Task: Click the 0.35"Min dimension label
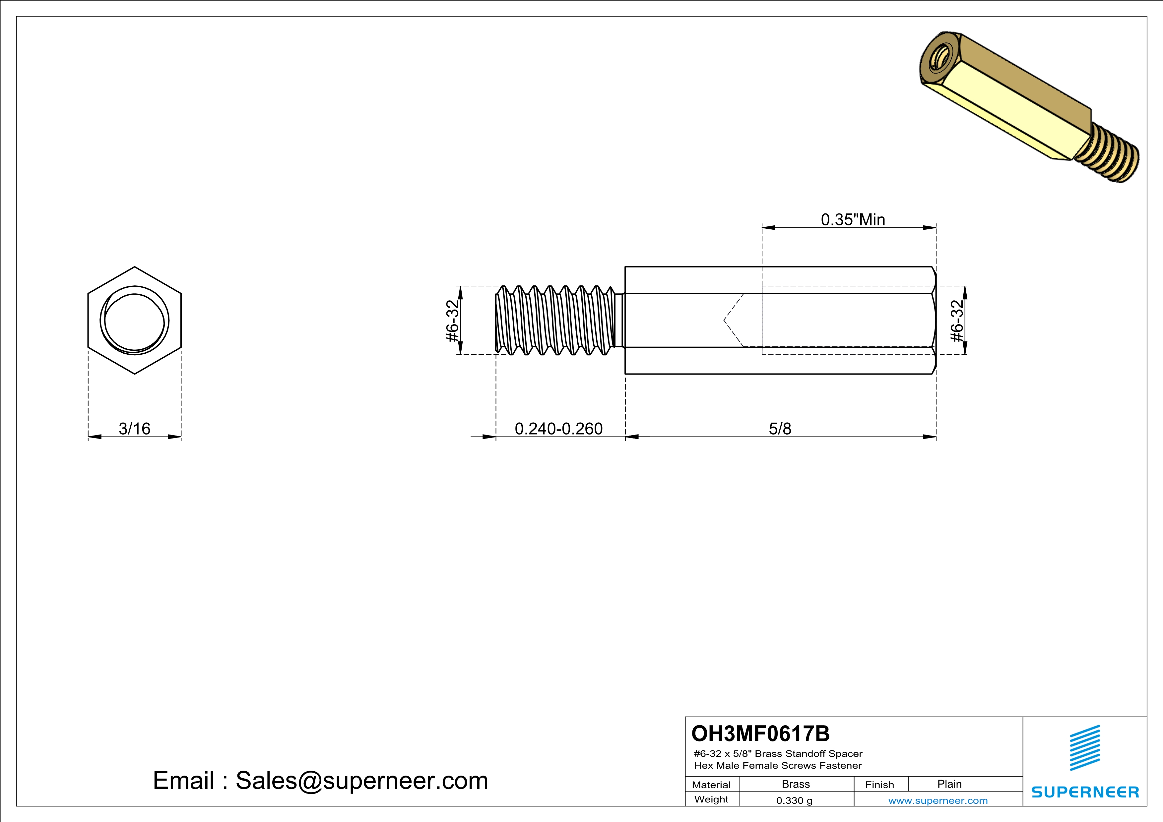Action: pos(853,220)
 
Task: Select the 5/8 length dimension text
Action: pos(780,429)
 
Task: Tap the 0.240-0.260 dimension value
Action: pos(559,429)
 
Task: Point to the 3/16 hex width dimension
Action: pos(134,429)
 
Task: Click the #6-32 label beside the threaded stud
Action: pos(452,321)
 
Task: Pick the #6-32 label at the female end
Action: pos(956,321)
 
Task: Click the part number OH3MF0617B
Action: pos(760,734)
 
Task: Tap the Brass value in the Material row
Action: pos(796,784)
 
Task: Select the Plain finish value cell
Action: pos(949,784)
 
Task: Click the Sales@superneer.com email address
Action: pos(362,781)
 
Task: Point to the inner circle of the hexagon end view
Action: pos(135,321)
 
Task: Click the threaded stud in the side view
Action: pos(555,321)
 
